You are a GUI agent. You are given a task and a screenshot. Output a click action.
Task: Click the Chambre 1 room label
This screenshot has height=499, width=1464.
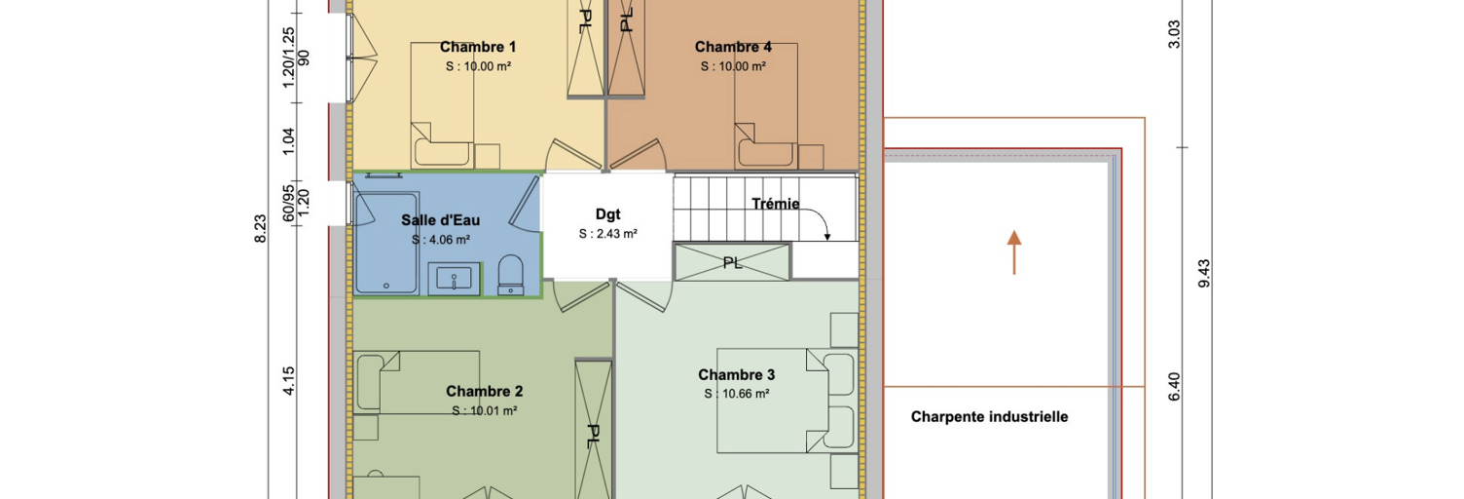coord(477,47)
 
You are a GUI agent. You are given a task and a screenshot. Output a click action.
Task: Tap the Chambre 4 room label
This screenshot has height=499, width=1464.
coord(733,47)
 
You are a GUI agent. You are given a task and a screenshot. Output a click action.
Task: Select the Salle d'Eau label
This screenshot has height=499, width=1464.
coord(441,220)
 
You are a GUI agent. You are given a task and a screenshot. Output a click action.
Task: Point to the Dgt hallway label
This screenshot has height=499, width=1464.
coord(607,214)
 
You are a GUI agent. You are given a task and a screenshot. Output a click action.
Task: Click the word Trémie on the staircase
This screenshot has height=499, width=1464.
coord(775,204)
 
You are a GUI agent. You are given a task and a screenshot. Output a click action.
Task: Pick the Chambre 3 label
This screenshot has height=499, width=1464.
coord(737,375)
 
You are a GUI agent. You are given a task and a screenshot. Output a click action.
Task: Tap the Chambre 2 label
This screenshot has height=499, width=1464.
coord(485,391)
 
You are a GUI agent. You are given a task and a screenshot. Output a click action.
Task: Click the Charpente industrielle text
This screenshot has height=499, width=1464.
coord(990,416)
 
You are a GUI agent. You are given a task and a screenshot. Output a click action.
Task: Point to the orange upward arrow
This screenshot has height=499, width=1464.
coord(1013,251)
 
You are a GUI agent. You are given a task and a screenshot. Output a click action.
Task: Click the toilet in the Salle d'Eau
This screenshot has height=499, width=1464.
coord(510,276)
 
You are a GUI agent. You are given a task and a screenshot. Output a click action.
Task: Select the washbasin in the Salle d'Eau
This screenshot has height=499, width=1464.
coord(455,280)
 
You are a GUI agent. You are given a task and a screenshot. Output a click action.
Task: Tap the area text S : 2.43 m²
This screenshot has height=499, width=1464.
coord(607,234)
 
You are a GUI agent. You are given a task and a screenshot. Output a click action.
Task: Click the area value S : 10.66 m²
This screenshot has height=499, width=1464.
coord(737,394)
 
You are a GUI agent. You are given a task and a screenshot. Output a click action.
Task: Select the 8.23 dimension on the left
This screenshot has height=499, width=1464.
coord(260,229)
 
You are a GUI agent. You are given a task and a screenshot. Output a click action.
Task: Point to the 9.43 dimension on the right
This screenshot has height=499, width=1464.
coord(1204,273)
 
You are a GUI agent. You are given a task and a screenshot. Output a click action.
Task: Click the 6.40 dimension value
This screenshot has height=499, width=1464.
coord(1174,387)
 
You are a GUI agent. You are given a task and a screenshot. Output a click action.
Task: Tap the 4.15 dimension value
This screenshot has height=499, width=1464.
coord(288,381)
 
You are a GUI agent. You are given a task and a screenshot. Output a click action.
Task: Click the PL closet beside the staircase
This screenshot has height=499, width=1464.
coord(732,262)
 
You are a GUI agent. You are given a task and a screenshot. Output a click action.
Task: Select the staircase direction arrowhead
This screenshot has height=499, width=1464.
coord(826,236)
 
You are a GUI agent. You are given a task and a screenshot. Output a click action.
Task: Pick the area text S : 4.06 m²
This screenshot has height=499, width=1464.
coord(441,240)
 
